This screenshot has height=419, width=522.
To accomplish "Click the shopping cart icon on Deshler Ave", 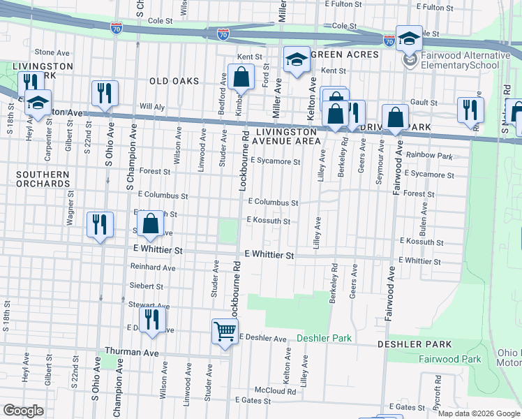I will pos(225,331).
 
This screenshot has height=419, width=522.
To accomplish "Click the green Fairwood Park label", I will pos(450,359).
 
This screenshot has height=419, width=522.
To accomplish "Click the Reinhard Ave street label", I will pos(153,267).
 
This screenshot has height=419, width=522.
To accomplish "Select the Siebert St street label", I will pos(146,286).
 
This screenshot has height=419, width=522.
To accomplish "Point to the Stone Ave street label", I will pos(52,52).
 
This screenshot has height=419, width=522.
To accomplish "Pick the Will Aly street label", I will pos(151,106).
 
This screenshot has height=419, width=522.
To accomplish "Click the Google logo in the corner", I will pos(23,411).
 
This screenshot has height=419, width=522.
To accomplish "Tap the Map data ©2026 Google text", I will pos(478,413).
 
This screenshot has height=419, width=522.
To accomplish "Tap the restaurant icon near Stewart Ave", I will pos(151,319).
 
